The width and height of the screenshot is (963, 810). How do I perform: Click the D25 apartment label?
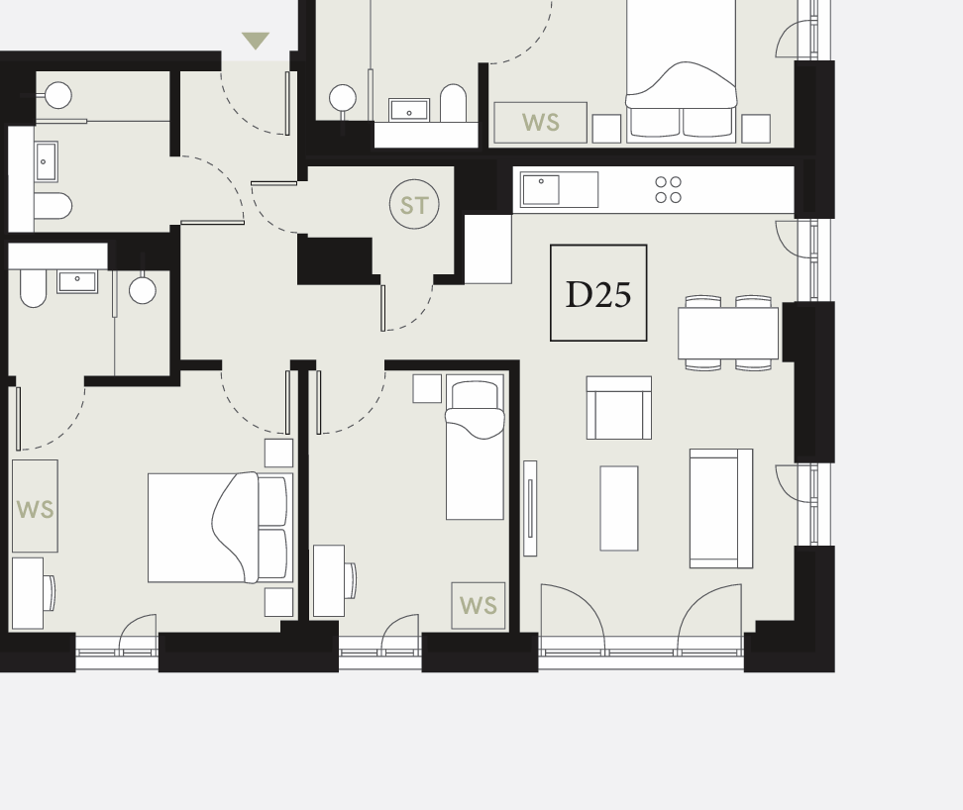598,293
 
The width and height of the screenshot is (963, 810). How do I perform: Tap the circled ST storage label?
414,204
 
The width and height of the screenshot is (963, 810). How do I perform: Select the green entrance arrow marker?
256,41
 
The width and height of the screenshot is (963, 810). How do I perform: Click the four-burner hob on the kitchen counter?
668,189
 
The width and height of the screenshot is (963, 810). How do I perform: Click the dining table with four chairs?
728,333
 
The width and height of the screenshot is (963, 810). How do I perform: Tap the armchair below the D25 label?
619,408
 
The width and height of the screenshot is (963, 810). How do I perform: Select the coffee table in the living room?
619,508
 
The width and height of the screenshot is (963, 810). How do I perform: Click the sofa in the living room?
721,508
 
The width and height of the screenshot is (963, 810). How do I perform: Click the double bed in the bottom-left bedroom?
221,527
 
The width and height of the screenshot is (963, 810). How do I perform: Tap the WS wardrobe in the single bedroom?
479,606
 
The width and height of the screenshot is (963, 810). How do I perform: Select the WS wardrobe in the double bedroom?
35,506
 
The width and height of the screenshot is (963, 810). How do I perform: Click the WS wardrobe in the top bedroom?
541,123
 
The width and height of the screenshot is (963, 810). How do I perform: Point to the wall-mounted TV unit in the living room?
530,508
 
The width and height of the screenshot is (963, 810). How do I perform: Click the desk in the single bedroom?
329,580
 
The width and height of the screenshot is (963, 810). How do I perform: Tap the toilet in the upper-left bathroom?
53,206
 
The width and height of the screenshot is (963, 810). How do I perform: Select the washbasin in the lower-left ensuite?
77,281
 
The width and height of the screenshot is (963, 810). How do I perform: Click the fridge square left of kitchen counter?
487,250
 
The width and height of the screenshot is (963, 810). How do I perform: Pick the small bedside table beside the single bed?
427,388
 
